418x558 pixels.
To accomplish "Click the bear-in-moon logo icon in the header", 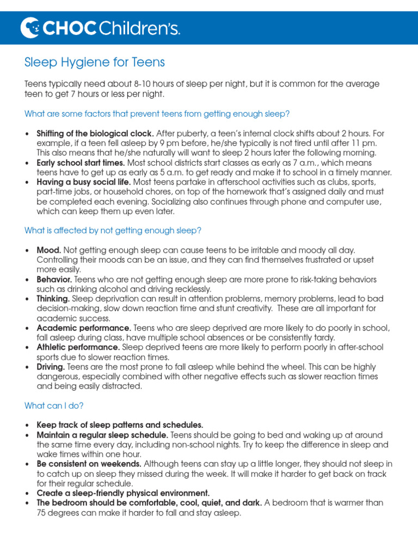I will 29,27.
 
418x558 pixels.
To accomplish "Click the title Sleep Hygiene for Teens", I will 94,63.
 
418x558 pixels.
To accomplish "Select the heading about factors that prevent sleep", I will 157,114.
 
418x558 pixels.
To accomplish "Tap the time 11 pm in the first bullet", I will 366,143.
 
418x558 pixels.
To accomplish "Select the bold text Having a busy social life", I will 84,182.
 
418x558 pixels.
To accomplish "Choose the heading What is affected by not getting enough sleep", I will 113,231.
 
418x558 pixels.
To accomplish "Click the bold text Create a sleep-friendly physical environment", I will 123,493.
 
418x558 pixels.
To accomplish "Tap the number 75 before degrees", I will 42,513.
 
